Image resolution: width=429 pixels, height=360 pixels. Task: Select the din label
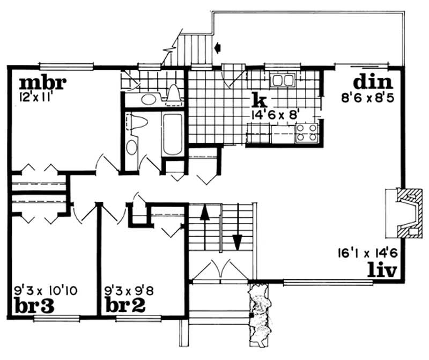(373, 83)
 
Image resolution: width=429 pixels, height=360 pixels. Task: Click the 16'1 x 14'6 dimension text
(367, 251)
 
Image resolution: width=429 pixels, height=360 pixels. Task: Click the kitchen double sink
(283, 80)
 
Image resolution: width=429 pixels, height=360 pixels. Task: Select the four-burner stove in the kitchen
(307, 132)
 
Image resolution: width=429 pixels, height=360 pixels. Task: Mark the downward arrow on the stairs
(236, 239)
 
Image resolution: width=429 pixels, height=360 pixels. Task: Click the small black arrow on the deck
(218, 48)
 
